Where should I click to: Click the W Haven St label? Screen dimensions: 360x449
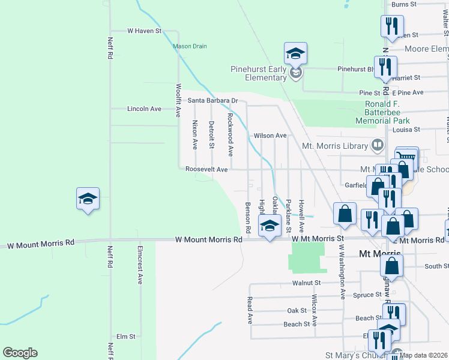145,30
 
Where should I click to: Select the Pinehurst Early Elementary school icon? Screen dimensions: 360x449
295,55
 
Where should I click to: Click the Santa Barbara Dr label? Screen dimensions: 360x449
212,101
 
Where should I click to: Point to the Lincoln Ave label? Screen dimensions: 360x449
144,109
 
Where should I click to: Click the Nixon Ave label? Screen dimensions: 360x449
194,134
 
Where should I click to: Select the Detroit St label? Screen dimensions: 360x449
211,134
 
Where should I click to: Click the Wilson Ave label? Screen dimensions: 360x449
270,136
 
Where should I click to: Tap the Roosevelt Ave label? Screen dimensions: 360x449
206,170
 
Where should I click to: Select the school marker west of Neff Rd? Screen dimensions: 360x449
87,200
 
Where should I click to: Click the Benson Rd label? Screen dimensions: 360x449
247,218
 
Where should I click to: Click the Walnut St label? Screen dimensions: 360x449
307,283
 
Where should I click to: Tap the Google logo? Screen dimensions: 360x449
20,352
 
